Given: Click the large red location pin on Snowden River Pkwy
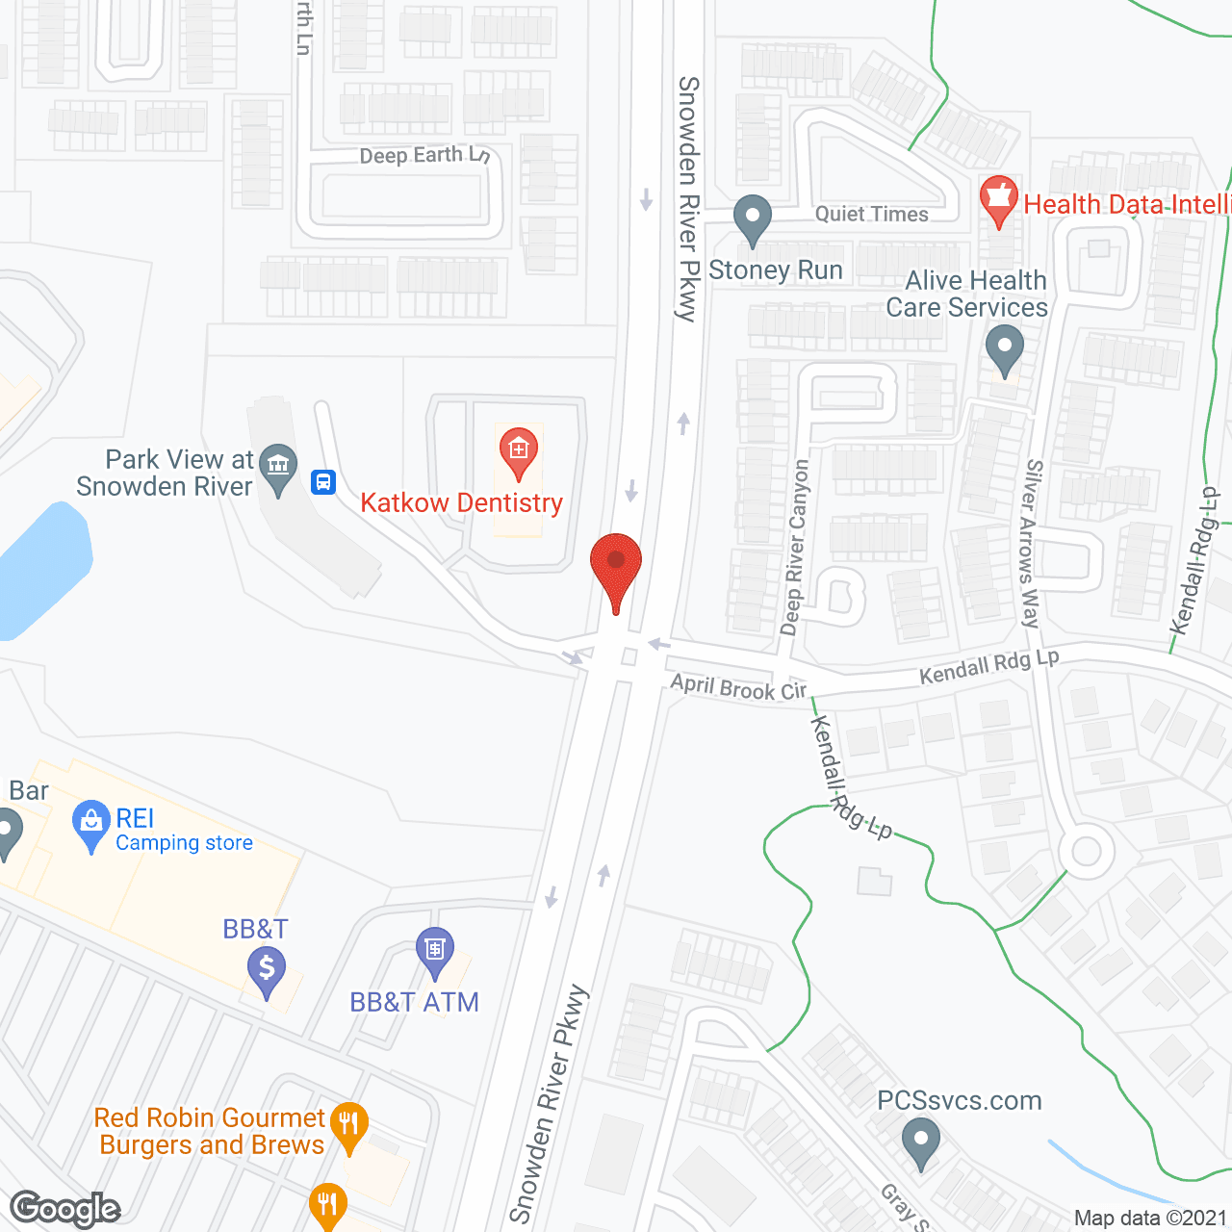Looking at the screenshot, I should pos(616,568).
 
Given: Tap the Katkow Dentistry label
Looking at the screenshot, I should pos(461,503).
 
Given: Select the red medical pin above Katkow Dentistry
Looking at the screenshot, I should pos(518,451).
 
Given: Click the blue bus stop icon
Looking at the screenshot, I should pos(323,481).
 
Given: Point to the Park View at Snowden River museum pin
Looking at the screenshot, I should pos(278,469).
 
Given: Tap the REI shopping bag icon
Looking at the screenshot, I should pos(90,824).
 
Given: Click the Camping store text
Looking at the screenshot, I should pos(184,843).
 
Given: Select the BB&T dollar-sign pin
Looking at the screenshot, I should pos(267,970).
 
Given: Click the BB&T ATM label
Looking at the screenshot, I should pos(414,1002).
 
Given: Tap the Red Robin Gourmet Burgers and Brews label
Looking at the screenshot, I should pos(210,1131).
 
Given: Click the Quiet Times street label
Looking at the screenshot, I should pos(872,214).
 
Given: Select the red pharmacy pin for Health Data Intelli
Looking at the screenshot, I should pos(998,199).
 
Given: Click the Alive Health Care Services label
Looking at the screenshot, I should pos(967,294).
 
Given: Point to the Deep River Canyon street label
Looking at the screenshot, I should pos(795,547).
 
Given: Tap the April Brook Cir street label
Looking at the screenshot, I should pos(738,687).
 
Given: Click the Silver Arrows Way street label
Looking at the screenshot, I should pos(1031,543).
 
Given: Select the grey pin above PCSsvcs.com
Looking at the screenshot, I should pos(921,1142).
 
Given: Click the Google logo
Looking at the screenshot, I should pos(64,1209).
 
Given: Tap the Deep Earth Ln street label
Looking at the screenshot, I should pos(424,155).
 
